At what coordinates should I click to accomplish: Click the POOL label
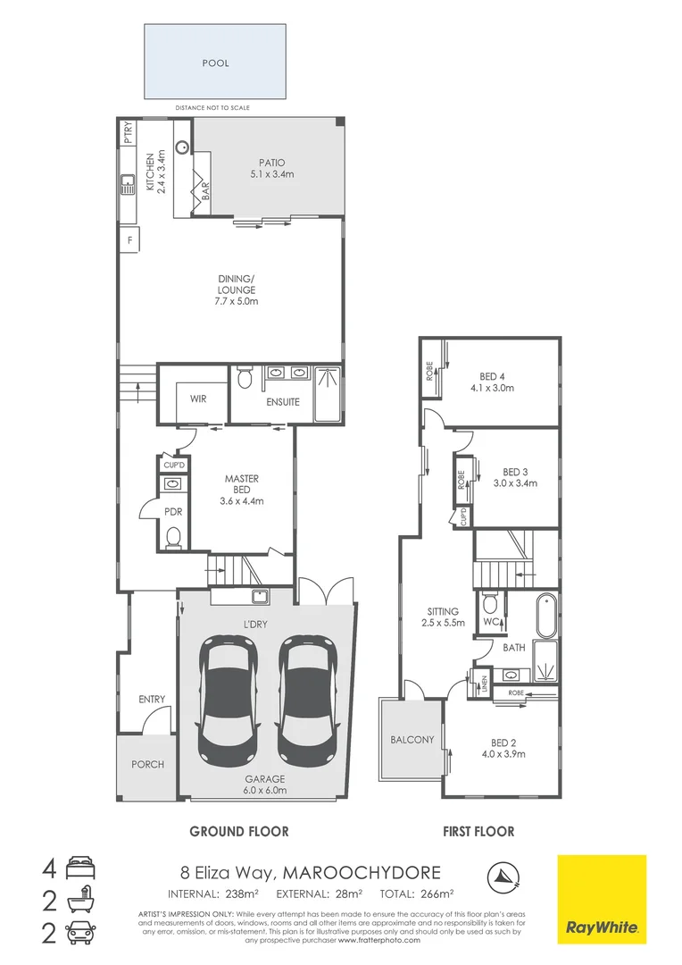(216, 63)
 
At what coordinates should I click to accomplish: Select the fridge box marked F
(130, 240)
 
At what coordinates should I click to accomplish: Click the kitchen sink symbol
(127, 185)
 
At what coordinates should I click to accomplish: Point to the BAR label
(205, 189)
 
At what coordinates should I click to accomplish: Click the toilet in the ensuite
(246, 380)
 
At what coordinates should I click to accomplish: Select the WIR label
(198, 399)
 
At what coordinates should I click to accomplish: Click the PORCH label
(147, 765)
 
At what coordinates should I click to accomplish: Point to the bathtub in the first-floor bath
(545, 617)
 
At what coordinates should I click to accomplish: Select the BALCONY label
(412, 740)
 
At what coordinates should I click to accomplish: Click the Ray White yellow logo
(602, 899)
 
